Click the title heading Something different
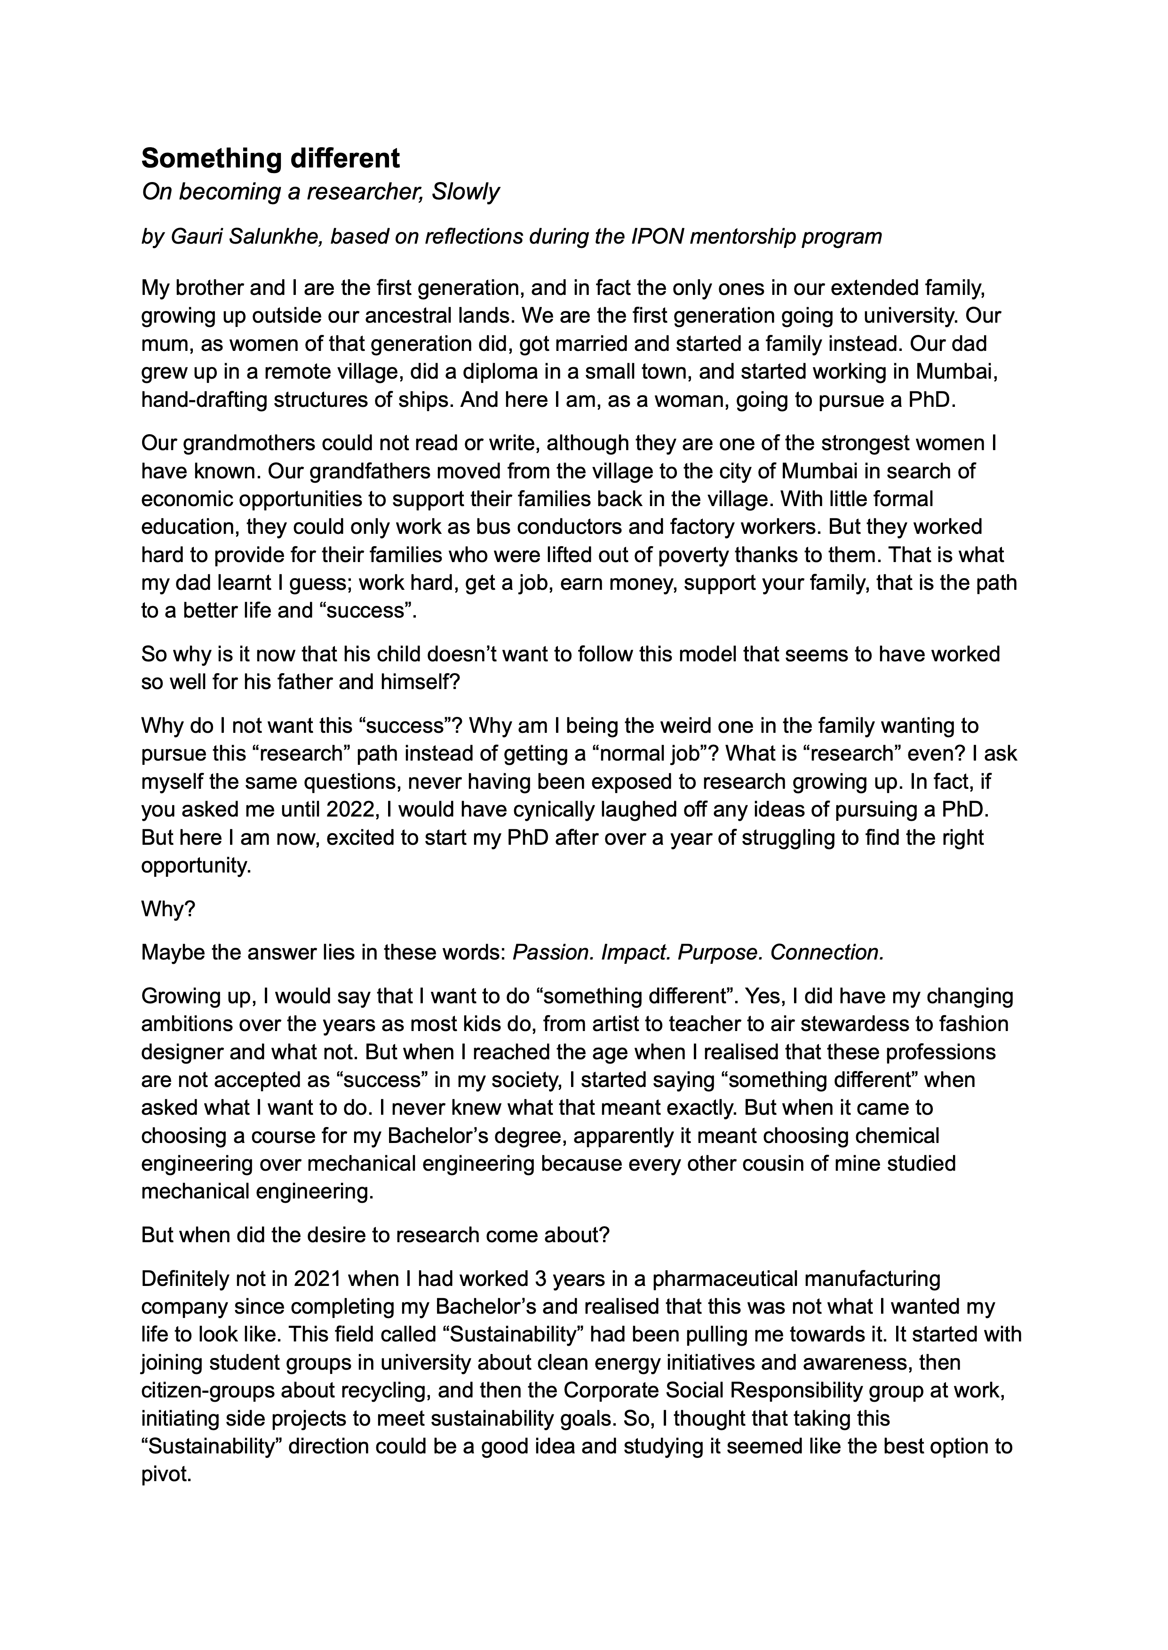(x=270, y=158)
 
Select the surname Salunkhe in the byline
(x=276, y=237)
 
